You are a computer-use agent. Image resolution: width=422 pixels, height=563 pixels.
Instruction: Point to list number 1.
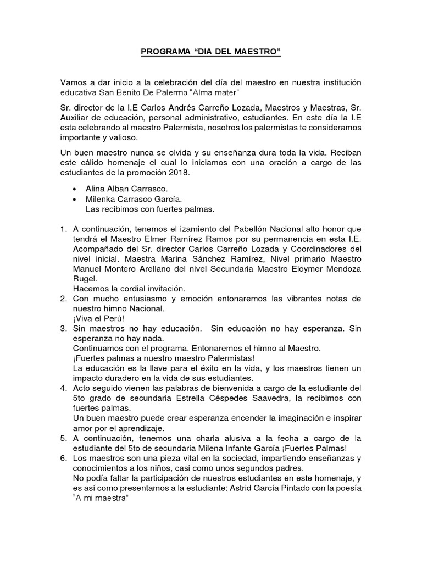(64, 229)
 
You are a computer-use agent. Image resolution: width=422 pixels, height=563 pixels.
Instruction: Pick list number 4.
(64, 388)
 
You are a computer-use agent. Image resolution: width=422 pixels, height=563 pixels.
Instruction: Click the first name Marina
(180, 259)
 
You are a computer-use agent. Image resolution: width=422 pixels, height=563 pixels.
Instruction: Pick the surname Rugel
(84, 279)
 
